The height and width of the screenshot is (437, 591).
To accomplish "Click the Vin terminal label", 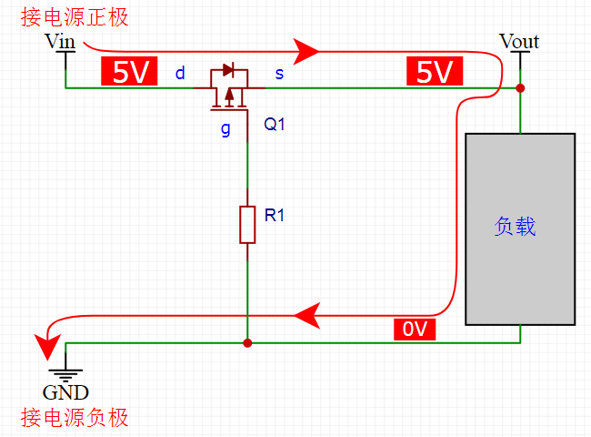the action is (60, 41).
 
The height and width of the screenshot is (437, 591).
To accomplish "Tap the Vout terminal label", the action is (519, 41).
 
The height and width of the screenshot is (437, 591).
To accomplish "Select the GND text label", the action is (65, 392).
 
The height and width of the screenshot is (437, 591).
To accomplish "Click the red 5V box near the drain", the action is (129, 71).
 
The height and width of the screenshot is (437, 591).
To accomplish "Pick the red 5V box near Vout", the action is (435, 71).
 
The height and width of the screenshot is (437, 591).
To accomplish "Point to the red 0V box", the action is (415, 329).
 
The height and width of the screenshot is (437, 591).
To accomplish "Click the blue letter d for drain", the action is (180, 73).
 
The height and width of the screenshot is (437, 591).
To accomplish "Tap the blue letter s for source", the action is (279, 74).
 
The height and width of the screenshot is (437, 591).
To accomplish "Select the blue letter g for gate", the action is (225, 129).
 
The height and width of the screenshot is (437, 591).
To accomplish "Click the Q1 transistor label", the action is (275, 124).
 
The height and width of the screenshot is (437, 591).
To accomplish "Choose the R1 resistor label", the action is (275, 215).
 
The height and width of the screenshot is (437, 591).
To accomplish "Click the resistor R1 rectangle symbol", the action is (247, 225).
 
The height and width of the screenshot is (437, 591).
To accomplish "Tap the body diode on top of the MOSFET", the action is (228, 70).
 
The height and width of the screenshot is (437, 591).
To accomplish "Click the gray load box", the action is (520, 229).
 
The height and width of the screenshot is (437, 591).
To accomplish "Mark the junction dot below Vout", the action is (520, 88).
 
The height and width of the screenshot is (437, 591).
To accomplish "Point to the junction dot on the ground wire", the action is (247, 343).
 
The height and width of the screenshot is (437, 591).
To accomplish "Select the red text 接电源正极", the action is (75, 17).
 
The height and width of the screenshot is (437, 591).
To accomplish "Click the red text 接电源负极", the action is (75, 418).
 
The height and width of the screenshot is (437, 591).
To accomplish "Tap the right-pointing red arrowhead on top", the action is (306, 51).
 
